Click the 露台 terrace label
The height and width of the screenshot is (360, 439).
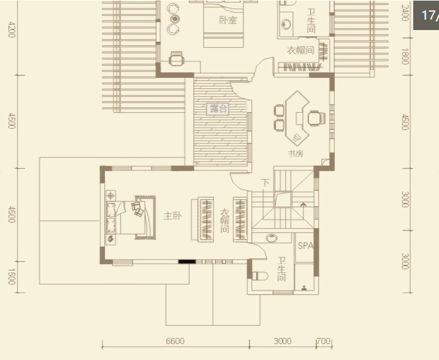[x=218, y=109]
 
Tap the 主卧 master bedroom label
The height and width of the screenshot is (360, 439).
[x=173, y=216]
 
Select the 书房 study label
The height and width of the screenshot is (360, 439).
[x=296, y=153]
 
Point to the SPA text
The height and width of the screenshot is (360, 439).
[x=305, y=246]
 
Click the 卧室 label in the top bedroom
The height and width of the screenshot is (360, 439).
[x=228, y=20]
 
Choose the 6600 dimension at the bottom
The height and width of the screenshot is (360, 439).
[x=175, y=341]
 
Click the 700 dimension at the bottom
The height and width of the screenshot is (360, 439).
[x=324, y=341]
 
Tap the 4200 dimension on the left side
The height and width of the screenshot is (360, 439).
[x=12, y=29]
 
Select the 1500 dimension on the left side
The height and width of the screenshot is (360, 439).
[x=12, y=277]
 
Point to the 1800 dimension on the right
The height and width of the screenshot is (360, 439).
[x=405, y=56]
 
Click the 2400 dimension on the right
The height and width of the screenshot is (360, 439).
[x=405, y=13]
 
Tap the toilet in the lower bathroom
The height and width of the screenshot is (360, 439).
[x=260, y=276]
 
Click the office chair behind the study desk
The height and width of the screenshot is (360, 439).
[x=316, y=118]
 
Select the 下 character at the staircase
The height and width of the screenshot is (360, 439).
[x=265, y=183]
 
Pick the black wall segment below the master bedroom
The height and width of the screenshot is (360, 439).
[x=187, y=262]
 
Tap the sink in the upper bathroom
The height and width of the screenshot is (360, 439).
[x=286, y=25]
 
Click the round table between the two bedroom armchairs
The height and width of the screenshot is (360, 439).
[x=175, y=19]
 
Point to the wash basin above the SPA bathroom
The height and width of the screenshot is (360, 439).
[x=271, y=238]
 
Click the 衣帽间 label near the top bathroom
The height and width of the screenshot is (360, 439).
[x=300, y=50]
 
